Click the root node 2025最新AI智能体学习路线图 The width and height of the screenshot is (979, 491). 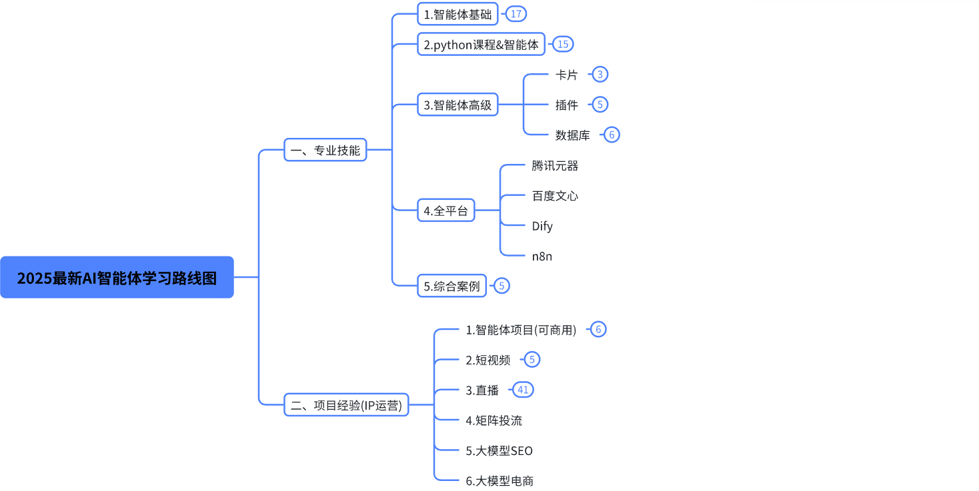tap(117, 277)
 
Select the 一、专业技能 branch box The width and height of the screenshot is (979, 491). tap(325, 150)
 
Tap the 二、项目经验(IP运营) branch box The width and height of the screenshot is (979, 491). tap(347, 405)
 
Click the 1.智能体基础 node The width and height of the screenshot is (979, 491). tap(457, 14)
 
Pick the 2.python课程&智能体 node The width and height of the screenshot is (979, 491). tap(481, 45)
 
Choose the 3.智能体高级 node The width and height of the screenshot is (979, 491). tap(457, 105)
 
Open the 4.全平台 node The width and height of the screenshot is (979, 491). tap(445, 211)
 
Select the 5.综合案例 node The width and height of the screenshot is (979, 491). tap(451, 286)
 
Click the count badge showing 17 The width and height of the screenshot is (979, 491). tap(516, 13)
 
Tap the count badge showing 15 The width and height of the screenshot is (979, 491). tap(563, 44)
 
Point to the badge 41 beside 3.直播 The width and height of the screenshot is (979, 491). tap(523, 390)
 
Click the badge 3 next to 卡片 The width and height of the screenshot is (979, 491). tap(600, 74)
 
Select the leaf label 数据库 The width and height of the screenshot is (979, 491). tap(572, 135)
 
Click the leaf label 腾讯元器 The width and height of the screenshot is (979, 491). tap(555, 165)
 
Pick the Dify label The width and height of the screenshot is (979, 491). tap(542, 226)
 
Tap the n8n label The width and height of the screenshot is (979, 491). tap(542, 256)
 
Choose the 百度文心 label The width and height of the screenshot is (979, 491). tap(555, 196)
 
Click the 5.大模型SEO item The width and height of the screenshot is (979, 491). tap(499, 450)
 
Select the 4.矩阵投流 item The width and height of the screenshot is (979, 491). tap(494, 420)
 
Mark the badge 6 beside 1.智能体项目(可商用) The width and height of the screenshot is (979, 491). tap(598, 329)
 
